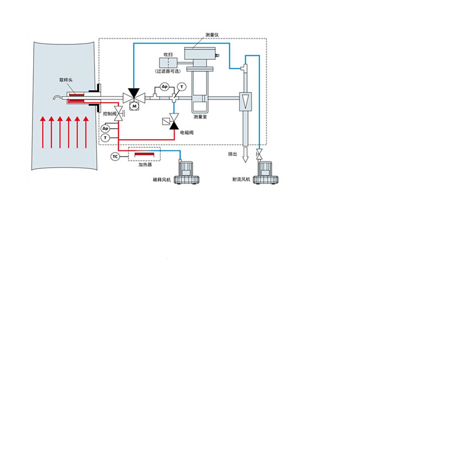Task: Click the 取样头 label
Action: pyautogui.click(x=66, y=80)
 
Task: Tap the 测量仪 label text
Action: pyautogui.click(x=212, y=35)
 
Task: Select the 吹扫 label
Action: pyautogui.click(x=168, y=55)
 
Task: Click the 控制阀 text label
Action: pyautogui.click(x=109, y=114)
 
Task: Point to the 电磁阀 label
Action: pyautogui.click(x=187, y=133)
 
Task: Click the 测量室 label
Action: pyautogui.click(x=200, y=117)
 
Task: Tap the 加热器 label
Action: pyautogui.click(x=145, y=165)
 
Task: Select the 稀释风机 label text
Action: pyautogui.click(x=162, y=179)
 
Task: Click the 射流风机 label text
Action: pyautogui.click(x=241, y=179)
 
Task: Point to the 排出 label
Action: pyautogui.click(x=233, y=154)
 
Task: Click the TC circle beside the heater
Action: pyautogui.click(x=115, y=157)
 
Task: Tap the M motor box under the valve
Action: pyautogui.click(x=134, y=106)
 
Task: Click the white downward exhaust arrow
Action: pyautogui.click(x=245, y=155)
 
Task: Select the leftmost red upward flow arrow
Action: pyautogui.click(x=43, y=132)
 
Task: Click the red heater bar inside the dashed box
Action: pyautogui.click(x=144, y=154)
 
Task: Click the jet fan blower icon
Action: pyautogui.click(x=265, y=173)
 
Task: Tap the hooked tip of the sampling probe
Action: pyautogui.click(x=55, y=97)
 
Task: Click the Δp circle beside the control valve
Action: pyautogui.click(x=105, y=128)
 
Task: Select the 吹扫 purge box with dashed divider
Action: pyautogui.click(x=168, y=63)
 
